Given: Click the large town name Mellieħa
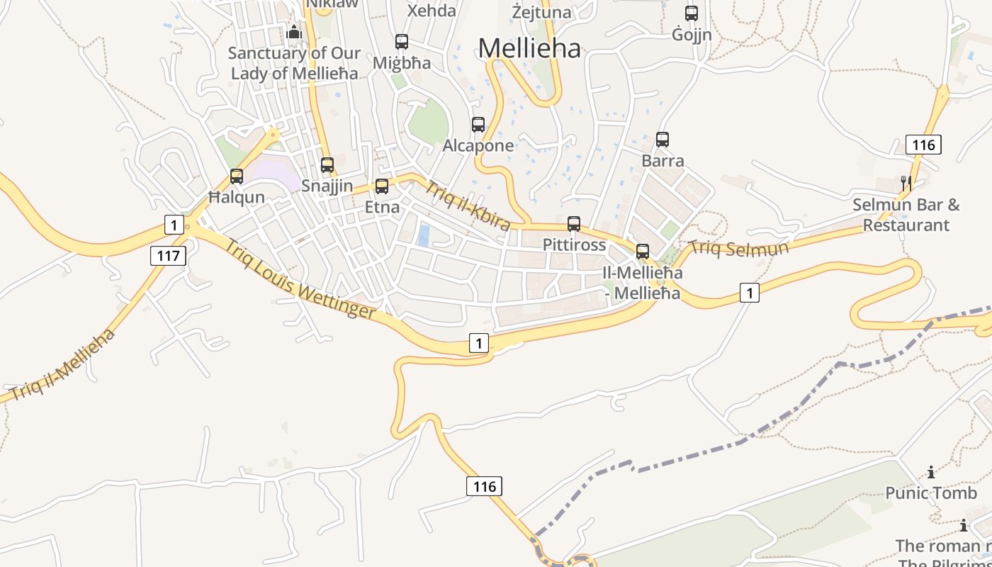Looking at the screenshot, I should pos(529,48).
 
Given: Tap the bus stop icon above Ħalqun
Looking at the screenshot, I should pos(237,176).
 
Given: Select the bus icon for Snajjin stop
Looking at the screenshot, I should pos(327,165).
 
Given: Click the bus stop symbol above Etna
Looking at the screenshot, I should pos(382,186).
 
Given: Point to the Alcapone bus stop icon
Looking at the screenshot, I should pos(478,125).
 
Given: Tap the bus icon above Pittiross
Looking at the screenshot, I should pos(574,224).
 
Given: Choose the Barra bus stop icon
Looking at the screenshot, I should pos(663,140).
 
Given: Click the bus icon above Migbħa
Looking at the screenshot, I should pos(402,42).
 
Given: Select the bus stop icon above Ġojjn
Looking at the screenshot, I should pos(692,13).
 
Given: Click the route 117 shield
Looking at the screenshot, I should pos(168,255).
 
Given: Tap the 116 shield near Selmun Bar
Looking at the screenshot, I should pos(923,145).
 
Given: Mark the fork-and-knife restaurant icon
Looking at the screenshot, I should pos(906,184).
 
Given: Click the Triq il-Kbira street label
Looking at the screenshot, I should pos(468,206).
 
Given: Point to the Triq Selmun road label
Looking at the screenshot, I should pos(739,249).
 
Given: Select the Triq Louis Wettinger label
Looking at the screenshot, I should pos(300,279).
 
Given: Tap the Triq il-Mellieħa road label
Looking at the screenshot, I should pos(62,365).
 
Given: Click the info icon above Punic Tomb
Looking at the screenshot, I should pos(931,473).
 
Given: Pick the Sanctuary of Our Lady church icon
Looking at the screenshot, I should pos(294,32).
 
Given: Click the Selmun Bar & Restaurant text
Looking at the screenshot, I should pos(906,215).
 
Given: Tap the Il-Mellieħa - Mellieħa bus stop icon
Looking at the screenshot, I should pos(643,252).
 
